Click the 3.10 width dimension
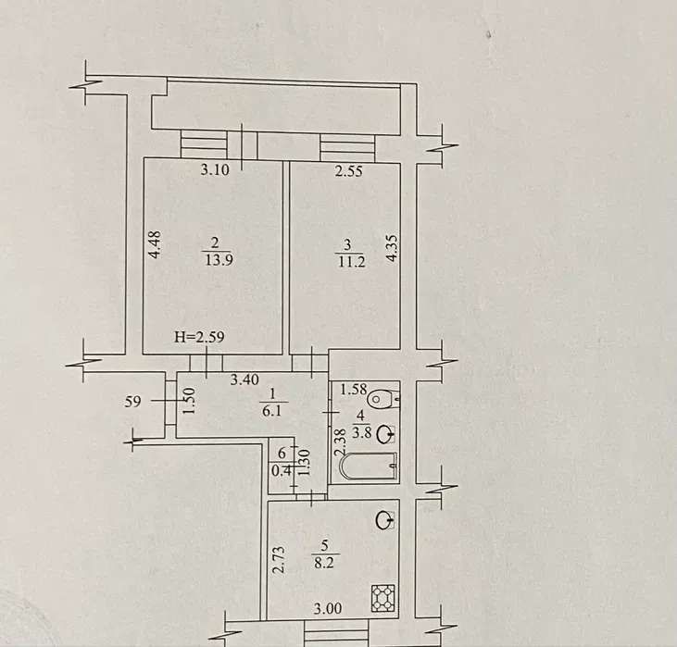(215, 169)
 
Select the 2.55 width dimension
(349, 171)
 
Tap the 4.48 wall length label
(155, 244)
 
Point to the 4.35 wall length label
(393, 248)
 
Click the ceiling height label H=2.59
(199, 337)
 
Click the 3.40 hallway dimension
(244, 379)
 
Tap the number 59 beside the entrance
(132, 402)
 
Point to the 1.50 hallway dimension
(190, 401)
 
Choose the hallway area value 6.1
(272, 410)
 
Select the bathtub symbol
(369, 467)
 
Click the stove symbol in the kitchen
(383, 598)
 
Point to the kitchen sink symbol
(384, 520)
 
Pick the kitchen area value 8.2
(324, 563)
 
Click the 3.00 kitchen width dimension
(327, 608)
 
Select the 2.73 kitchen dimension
(280, 559)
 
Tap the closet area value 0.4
(282, 470)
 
